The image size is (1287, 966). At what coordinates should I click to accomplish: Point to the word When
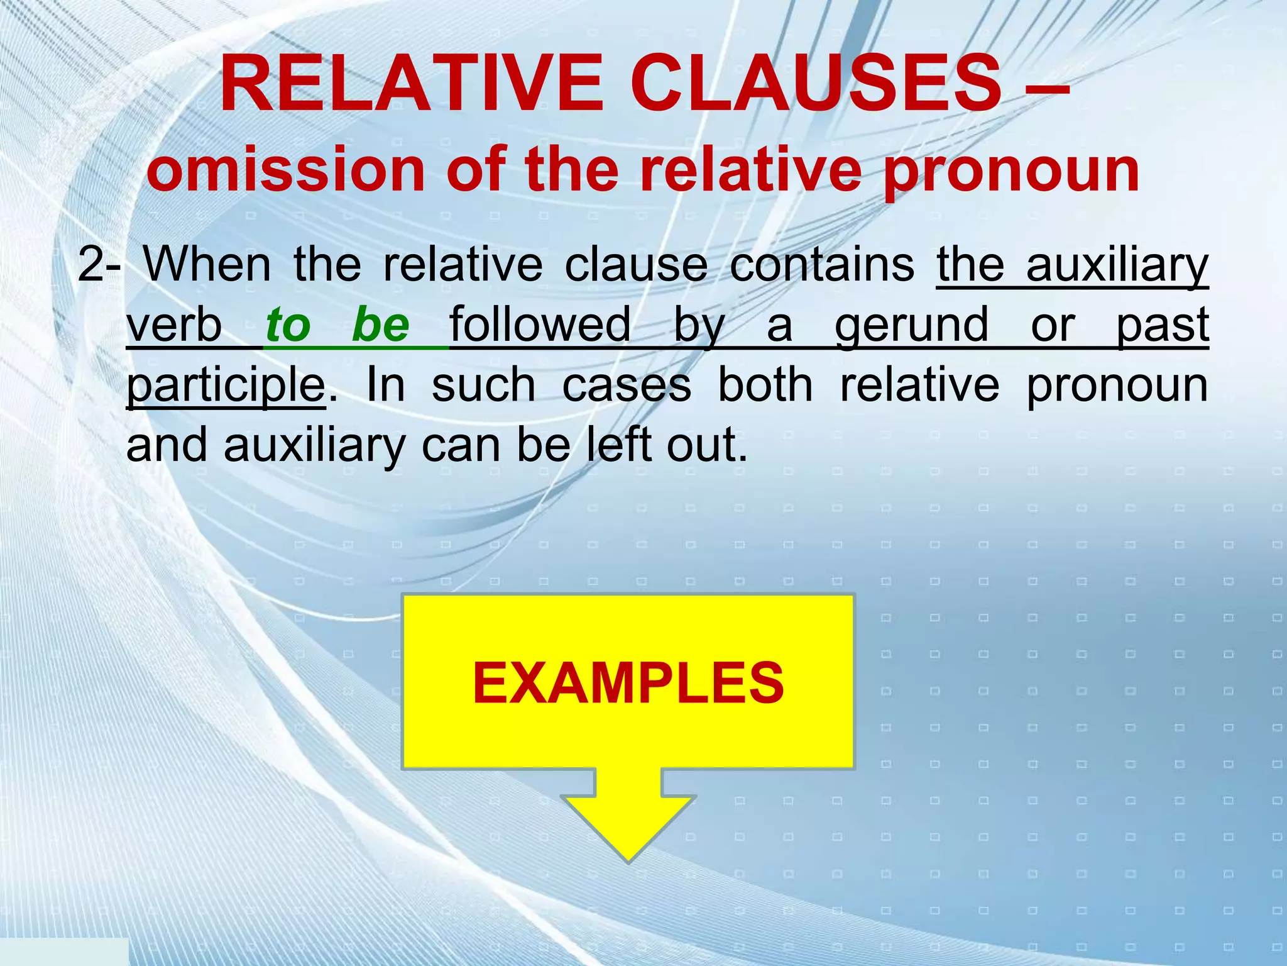click(208, 264)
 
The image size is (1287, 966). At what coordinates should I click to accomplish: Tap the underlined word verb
click(174, 325)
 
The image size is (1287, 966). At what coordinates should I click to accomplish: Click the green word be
click(381, 325)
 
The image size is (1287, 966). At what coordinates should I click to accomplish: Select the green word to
click(288, 325)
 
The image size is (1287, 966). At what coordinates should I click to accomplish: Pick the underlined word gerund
click(912, 325)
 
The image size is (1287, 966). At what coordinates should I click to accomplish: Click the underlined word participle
click(226, 386)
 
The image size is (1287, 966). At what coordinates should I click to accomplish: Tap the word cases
click(627, 385)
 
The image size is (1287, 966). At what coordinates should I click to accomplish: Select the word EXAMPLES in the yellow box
click(628, 683)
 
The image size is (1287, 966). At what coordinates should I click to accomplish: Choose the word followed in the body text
click(540, 325)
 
